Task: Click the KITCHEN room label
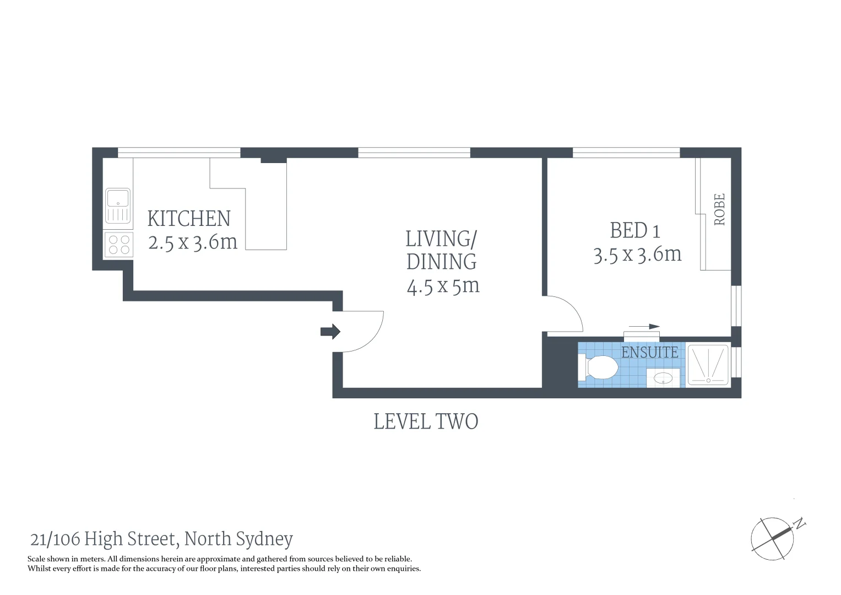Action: pyautogui.click(x=189, y=219)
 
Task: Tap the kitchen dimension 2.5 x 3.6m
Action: pyautogui.click(x=193, y=242)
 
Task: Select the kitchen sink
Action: pyautogui.click(x=118, y=205)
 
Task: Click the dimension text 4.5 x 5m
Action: pyautogui.click(x=443, y=286)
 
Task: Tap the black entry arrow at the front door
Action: pyautogui.click(x=330, y=332)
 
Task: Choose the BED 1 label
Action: pyautogui.click(x=634, y=230)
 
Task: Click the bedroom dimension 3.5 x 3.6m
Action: pyautogui.click(x=637, y=255)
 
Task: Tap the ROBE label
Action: pyautogui.click(x=719, y=209)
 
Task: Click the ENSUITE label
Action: pyautogui.click(x=649, y=352)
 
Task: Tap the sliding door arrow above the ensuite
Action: pyautogui.click(x=644, y=327)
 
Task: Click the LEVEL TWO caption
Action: pyautogui.click(x=426, y=422)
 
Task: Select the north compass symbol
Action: pyautogui.click(x=773, y=538)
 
